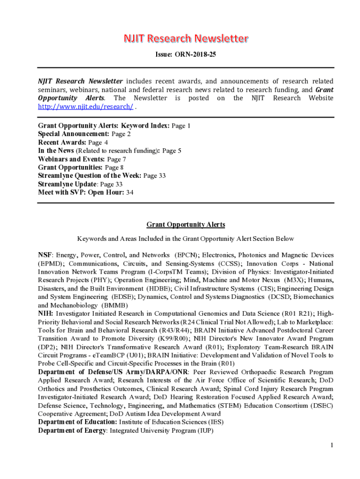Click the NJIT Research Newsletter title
pyautogui.click(x=186, y=38)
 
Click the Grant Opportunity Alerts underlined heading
pyautogui.click(x=186, y=225)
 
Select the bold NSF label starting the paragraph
pyautogui.click(x=45, y=255)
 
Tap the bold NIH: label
pyautogui.click(x=45, y=313)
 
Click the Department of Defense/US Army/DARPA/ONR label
pyautogui.click(x=112, y=372)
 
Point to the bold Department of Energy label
pyautogui.click(x=72, y=430)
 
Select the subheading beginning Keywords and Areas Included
pyautogui.click(x=186, y=239)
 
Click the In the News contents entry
pyautogui.click(x=56, y=151)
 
